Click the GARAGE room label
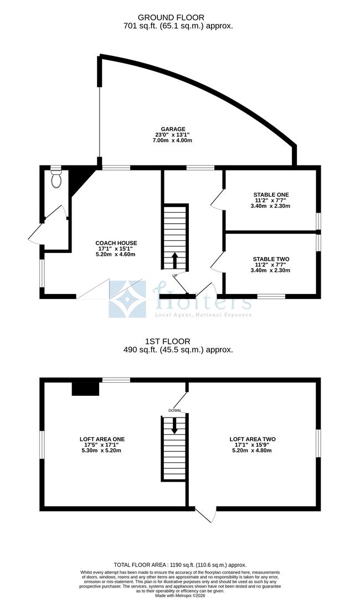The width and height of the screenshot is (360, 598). pyautogui.click(x=173, y=129)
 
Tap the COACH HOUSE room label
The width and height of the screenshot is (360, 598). pyautogui.click(x=116, y=243)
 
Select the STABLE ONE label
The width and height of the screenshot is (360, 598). pyautogui.click(x=271, y=194)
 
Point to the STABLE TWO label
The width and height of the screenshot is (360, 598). pyautogui.click(x=271, y=259)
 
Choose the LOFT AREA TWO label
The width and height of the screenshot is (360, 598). pyautogui.click(x=253, y=439)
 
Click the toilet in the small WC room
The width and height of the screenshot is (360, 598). pyautogui.click(x=55, y=178)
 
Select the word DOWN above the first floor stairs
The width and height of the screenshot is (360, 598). pyautogui.click(x=174, y=410)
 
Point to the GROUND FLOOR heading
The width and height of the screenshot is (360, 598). pyautogui.click(x=174, y=18)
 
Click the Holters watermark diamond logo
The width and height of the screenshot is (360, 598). pyautogui.click(x=127, y=299)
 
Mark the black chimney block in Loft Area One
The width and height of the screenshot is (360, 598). pyautogui.click(x=85, y=389)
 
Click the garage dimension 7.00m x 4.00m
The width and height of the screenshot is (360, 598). pyautogui.click(x=172, y=141)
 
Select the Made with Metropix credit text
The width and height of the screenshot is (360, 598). pyautogui.click(x=180, y=595)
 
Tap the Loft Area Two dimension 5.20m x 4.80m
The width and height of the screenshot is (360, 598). pyautogui.click(x=253, y=451)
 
